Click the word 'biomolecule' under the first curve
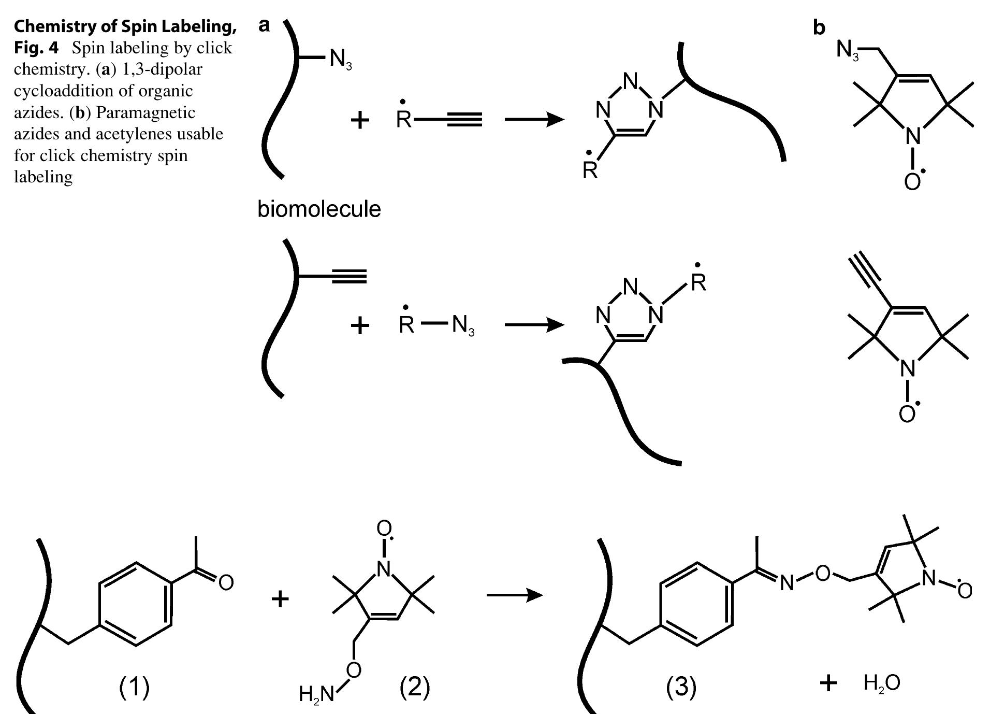point(319,209)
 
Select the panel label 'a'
point(264,24)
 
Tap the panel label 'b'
point(819,27)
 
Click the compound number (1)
point(134,687)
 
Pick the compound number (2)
point(414,687)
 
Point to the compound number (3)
point(681,687)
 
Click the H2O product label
point(882,683)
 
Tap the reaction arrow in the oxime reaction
point(514,595)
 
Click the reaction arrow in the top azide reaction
point(534,120)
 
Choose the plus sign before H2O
point(828,683)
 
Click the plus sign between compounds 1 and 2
point(280,599)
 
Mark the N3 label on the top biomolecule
point(340,59)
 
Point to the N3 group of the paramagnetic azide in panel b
point(848,51)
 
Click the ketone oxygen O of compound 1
point(226,583)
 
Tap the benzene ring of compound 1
point(136,604)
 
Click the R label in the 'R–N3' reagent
point(406,325)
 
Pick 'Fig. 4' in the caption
point(36,48)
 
